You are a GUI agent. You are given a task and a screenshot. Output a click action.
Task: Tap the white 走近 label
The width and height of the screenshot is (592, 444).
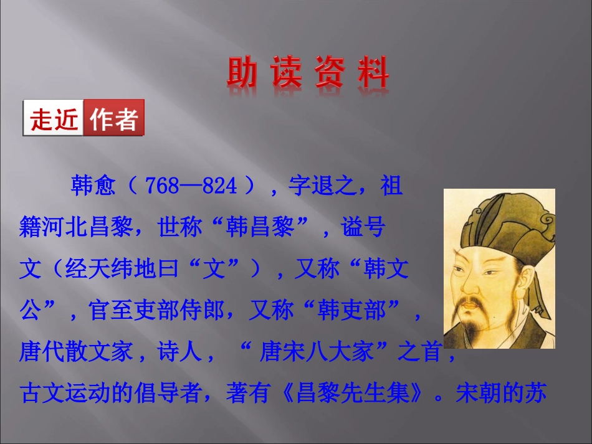pos(54,118)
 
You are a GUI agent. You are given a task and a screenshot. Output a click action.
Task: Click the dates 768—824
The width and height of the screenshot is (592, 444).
pos(191,186)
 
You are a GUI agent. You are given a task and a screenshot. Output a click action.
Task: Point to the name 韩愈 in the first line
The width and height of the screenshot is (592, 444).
pos(93,186)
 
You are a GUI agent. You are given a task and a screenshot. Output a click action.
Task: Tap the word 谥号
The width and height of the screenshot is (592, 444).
pos(363,228)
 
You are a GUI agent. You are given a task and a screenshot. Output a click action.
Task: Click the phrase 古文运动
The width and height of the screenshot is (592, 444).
pos(65,394)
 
